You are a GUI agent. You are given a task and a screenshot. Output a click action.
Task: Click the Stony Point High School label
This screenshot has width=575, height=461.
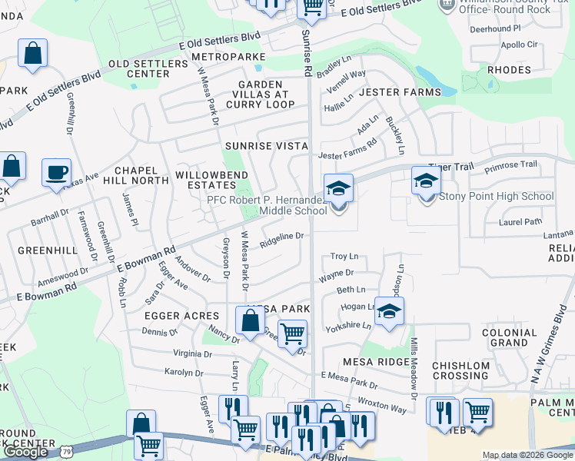(x=496, y=196)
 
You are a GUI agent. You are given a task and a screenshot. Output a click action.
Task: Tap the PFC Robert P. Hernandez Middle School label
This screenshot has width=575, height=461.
(x=267, y=205)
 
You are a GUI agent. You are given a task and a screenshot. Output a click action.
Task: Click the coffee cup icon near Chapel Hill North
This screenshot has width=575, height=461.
(x=56, y=173)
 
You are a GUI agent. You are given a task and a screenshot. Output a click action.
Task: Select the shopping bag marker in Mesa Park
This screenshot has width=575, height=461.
(x=251, y=321)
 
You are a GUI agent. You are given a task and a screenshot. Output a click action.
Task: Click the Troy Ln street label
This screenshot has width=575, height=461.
(x=344, y=256)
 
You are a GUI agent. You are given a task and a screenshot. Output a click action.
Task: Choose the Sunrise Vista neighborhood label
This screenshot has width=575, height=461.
(x=266, y=145)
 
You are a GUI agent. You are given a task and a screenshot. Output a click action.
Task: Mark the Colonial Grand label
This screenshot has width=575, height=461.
(x=509, y=337)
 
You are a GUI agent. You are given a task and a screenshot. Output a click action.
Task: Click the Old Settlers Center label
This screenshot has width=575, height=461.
(x=138, y=68)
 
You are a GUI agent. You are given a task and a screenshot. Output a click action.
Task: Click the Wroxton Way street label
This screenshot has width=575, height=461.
(x=382, y=406)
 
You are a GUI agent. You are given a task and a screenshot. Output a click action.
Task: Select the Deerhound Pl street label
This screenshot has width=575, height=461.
(x=495, y=28)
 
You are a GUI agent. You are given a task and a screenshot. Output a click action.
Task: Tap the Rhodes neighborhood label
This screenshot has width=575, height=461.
(x=509, y=70)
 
